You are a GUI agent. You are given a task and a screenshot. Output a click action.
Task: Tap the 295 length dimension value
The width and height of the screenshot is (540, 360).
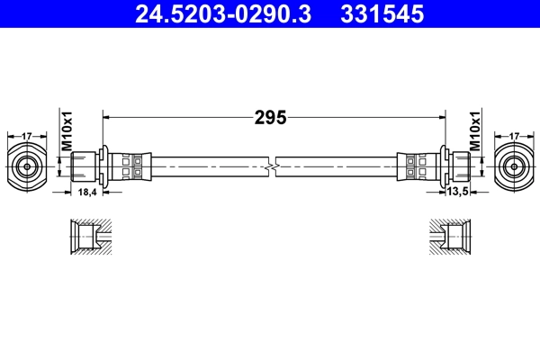[269, 117]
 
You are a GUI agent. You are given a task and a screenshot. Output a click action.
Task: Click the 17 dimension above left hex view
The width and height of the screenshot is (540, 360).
[27, 136]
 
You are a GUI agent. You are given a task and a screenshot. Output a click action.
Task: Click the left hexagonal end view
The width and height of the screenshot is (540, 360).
[27, 166]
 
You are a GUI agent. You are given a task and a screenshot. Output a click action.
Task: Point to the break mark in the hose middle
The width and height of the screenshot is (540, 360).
[271, 166]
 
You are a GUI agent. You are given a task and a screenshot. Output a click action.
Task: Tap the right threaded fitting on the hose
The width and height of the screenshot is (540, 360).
[457, 166]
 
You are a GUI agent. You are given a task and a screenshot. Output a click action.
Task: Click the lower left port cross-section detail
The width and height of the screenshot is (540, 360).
[90, 238]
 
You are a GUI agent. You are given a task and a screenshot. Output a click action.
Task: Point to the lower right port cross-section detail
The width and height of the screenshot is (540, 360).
[449, 238]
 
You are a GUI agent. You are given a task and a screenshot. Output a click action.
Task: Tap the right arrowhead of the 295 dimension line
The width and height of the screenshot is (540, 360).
[442, 117]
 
